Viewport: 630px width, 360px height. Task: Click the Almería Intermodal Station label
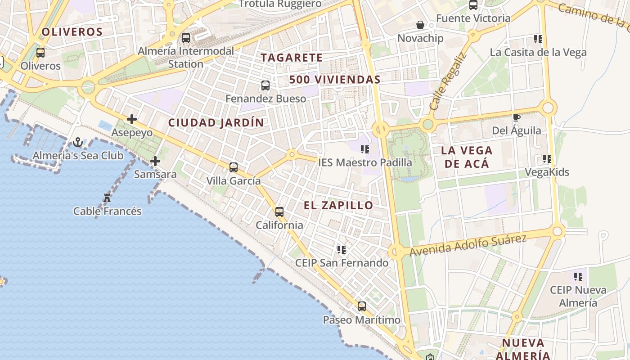pyautogui.click(x=186, y=57)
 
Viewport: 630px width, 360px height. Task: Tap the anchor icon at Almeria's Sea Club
pyautogui.click(x=78, y=143)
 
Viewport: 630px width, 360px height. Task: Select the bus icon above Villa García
pyautogui.click(x=233, y=167)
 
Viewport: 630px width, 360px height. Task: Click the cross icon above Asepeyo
pyautogui.click(x=132, y=119)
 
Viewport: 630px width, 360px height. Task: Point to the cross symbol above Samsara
pyautogui.click(x=155, y=161)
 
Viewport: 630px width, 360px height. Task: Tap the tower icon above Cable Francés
pyautogui.click(x=107, y=198)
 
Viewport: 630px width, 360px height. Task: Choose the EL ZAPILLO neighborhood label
pyautogui.click(x=338, y=206)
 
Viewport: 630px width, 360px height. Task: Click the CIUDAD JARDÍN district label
pyautogui.click(x=216, y=122)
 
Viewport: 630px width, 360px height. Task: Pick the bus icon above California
pyautogui.click(x=279, y=211)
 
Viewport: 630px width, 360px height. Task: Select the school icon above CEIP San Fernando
pyautogui.click(x=342, y=249)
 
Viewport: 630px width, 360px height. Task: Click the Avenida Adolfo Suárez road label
pyautogui.click(x=468, y=245)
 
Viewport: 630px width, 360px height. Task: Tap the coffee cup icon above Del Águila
pyautogui.click(x=517, y=118)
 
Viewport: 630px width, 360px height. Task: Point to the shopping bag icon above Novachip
pyautogui.click(x=420, y=25)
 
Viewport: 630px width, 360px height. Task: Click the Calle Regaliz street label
pyautogui.click(x=448, y=82)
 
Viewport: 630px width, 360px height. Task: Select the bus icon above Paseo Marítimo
pyautogui.click(x=362, y=306)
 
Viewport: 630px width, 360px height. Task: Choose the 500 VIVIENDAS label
pyautogui.click(x=335, y=80)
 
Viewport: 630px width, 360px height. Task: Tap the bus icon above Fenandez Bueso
pyautogui.click(x=265, y=85)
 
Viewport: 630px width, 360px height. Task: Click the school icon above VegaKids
pyautogui.click(x=547, y=159)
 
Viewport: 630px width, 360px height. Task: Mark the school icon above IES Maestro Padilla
pyautogui.click(x=365, y=149)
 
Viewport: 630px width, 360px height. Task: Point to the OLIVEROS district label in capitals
pyautogui.click(x=72, y=32)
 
